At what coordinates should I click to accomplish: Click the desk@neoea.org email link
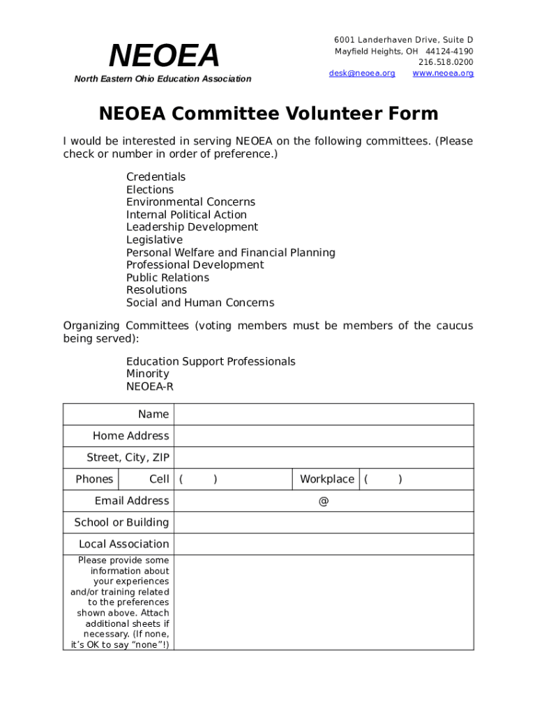click(x=361, y=73)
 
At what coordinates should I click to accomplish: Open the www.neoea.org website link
click(x=443, y=73)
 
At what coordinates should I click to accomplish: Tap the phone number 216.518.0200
click(x=446, y=62)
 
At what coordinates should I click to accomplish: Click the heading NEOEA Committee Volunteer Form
click(x=268, y=114)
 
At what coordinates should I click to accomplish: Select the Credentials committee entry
click(x=156, y=177)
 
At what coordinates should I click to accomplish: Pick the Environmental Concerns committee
click(x=190, y=202)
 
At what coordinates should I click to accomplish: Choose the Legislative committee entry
click(x=154, y=240)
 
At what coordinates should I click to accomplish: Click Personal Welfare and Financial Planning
click(x=230, y=252)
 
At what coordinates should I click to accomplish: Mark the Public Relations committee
click(x=167, y=278)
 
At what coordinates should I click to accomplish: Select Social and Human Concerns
click(x=200, y=303)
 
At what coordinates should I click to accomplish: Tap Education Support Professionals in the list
click(x=211, y=361)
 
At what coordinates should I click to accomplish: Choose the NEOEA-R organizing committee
click(x=149, y=386)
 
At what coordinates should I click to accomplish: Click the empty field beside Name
click(x=324, y=414)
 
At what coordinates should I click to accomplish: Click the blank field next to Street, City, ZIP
click(x=324, y=457)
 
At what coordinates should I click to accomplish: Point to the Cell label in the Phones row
click(x=159, y=479)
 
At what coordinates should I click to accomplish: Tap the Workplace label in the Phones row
click(x=326, y=479)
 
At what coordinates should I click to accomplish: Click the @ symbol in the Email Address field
click(x=324, y=501)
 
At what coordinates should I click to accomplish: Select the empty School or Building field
click(x=324, y=522)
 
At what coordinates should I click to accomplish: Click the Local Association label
click(x=123, y=544)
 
